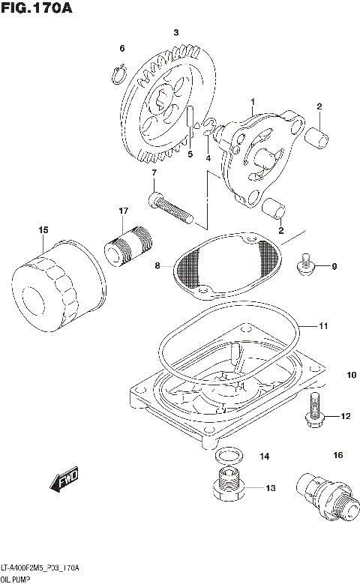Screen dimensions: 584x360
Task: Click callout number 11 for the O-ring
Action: point(323,326)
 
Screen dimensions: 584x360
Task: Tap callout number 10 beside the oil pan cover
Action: point(351,375)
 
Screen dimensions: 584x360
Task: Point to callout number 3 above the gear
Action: point(175,32)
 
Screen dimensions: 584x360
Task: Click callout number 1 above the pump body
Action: point(253,101)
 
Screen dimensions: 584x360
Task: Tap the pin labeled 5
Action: point(191,120)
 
